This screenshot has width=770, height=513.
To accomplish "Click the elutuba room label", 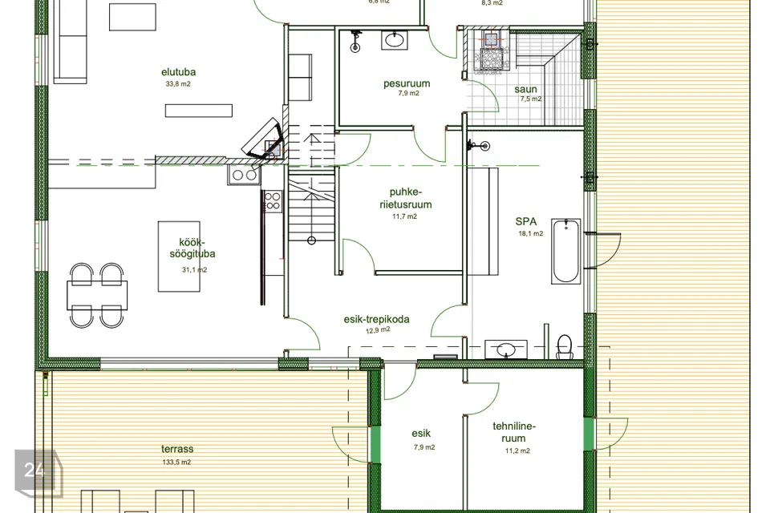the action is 178,71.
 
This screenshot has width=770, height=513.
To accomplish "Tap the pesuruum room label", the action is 407,83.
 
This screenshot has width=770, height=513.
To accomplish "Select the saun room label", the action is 525,89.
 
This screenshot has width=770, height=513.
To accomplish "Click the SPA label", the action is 526,221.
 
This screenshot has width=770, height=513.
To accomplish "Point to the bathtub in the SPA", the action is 565,252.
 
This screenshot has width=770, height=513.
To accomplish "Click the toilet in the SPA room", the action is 565,346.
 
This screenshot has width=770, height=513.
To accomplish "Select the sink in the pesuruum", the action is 395,40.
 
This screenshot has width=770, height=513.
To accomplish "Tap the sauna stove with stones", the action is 489,51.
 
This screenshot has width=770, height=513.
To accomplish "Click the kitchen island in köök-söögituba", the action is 179,256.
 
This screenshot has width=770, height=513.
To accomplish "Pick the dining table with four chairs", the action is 97,295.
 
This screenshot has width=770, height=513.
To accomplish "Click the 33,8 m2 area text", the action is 178,84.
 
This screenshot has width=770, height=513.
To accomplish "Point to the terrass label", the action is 177,449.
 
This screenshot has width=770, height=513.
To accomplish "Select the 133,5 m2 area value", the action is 176,462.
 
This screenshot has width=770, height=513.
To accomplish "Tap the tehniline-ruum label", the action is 514,432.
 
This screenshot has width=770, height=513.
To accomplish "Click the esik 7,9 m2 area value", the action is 424,447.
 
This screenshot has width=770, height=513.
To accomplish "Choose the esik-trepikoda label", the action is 376,320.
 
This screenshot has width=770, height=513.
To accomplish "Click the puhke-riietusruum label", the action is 406,198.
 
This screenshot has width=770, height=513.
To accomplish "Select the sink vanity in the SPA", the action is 506,349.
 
